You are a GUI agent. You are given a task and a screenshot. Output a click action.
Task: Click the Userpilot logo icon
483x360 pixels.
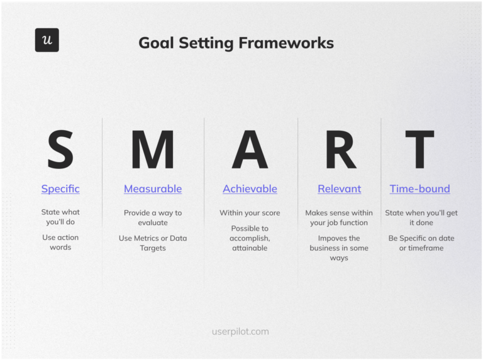47,40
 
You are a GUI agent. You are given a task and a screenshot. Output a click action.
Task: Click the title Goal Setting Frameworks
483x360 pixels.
236,43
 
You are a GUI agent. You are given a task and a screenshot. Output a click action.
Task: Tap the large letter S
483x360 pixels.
60,150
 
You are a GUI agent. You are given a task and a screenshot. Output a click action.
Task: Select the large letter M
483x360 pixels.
152,150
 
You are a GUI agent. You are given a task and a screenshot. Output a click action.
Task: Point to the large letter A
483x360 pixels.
250,150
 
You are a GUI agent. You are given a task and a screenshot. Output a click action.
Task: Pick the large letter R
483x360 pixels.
339,150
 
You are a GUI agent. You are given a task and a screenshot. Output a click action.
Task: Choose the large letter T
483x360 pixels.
419,150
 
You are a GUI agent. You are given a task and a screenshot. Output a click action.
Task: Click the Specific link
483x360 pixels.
60,188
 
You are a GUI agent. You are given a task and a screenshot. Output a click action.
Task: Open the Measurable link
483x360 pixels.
153,188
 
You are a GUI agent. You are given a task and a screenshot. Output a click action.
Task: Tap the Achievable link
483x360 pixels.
250,188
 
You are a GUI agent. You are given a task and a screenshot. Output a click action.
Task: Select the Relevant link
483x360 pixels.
339,188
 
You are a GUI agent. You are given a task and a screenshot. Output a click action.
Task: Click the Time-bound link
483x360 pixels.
419,188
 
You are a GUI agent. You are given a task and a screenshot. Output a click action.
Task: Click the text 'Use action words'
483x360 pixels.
60,243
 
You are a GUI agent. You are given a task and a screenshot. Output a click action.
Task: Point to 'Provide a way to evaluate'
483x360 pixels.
153,217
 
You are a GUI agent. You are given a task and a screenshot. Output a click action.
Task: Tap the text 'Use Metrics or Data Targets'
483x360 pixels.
153,243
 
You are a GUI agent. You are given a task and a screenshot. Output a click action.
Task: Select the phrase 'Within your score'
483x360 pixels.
250,213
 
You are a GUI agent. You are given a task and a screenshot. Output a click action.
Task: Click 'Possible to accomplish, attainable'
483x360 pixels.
250,238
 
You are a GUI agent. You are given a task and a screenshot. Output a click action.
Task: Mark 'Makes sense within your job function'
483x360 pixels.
339,217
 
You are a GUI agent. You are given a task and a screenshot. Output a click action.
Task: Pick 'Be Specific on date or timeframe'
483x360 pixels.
421,243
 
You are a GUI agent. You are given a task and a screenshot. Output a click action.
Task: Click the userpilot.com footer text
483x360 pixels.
240,331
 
